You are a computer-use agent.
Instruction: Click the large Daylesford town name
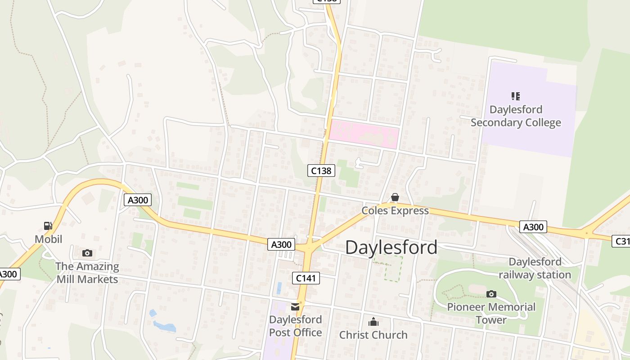pos(391,247)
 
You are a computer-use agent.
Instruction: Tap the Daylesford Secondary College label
pos(516,116)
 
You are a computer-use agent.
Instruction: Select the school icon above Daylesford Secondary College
pos(516,96)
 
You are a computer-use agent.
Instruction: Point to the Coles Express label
pos(395,211)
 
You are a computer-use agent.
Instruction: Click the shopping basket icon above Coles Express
pos(395,197)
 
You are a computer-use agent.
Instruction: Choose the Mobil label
pos(49,239)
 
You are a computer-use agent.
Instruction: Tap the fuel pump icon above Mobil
pos(48,225)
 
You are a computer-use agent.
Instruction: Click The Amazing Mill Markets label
pos(87,273)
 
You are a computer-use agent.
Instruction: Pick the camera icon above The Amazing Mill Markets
pos(87,253)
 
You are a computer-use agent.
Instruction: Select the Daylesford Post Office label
pos(295,326)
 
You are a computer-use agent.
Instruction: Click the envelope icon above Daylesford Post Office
pos(295,307)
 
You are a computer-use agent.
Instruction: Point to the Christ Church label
pos(373,335)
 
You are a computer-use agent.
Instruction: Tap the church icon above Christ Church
pos(373,322)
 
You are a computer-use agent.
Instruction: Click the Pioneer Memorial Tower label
pos(491,314)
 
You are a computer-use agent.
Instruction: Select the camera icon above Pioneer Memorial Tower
pos(491,294)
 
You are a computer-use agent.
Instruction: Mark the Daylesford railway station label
pos(535,268)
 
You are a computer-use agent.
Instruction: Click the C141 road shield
pos(306,278)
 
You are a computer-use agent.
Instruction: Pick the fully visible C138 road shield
pos(321,171)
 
